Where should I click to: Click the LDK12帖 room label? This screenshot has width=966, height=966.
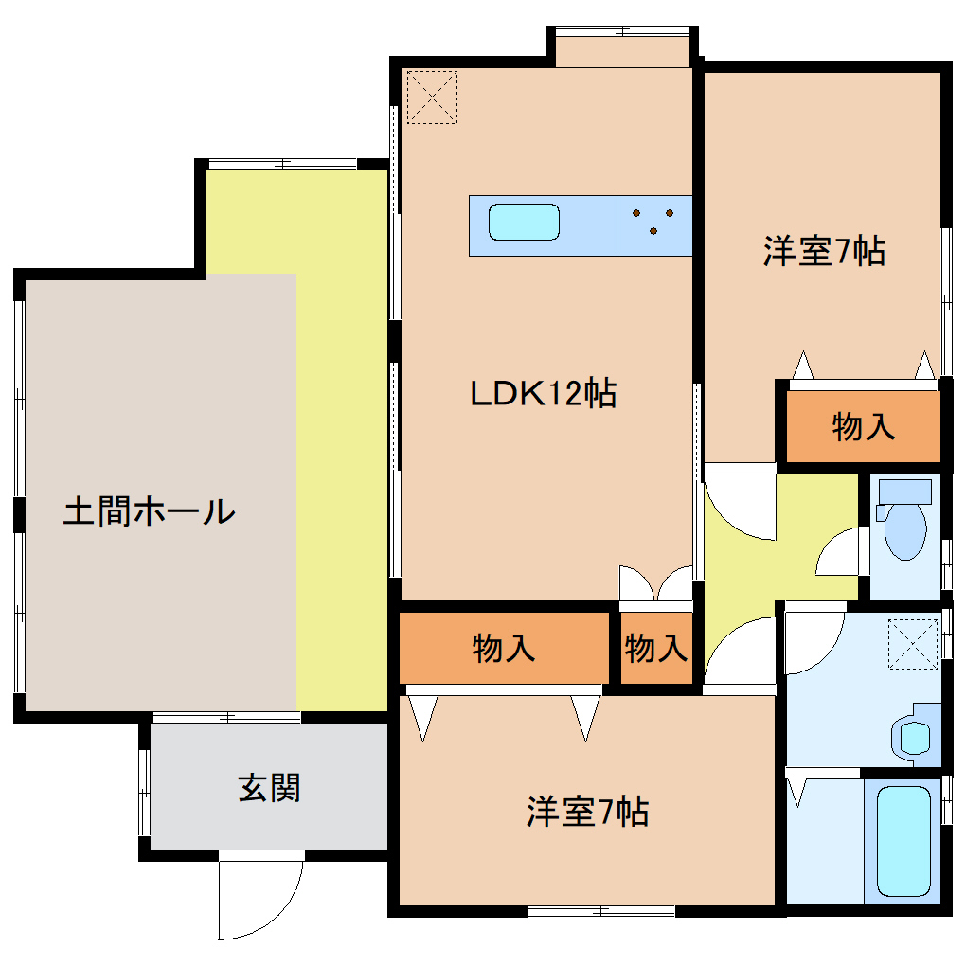coord(543,392)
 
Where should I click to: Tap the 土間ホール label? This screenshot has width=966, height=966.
coord(149,510)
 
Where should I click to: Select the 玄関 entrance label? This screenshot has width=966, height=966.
coord(269,788)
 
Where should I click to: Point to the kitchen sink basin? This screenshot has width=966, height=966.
coord(524,222)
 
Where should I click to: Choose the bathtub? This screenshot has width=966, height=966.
coord(903,842)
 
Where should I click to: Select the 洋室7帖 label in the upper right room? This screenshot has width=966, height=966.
coord(824,251)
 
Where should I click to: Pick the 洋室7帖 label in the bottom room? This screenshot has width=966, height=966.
coord(587,812)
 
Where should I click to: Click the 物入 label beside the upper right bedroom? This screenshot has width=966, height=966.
coord(863,427)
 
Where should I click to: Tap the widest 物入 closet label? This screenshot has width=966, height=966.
coord(503,649)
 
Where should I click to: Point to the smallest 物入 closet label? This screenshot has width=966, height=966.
coord(655,649)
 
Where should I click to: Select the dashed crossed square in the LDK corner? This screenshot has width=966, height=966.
coord(432,97)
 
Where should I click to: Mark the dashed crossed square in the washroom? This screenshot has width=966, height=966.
coord(912,644)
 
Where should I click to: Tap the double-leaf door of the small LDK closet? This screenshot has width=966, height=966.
coord(655,582)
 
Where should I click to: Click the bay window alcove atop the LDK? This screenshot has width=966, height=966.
coord(622,52)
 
